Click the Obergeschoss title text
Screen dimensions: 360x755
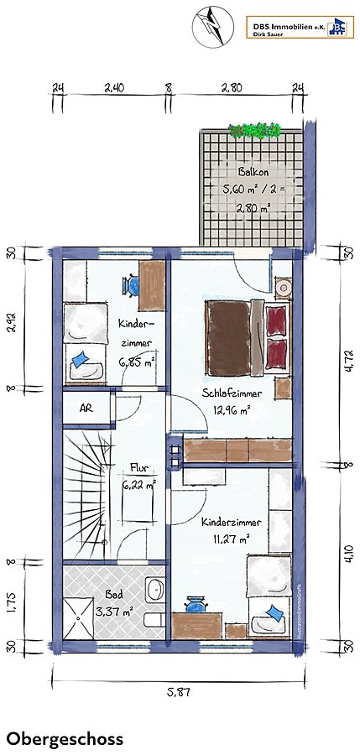(x=65, y=739)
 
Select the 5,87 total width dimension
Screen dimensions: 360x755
(x=179, y=693)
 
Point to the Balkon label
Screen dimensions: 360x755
(x=252, y=171)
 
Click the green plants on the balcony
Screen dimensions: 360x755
(x=254, y=131)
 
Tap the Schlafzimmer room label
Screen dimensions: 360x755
(x=232, y=393)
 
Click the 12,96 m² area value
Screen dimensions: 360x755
(x=232, y=411)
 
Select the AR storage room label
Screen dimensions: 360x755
(x=86, y=408)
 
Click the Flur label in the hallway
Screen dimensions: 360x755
(x=138, y=467)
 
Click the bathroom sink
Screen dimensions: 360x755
(x=155, y=589)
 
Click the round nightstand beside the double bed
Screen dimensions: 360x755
(x=283, y=289)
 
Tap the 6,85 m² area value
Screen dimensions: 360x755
(x=135, y=362)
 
